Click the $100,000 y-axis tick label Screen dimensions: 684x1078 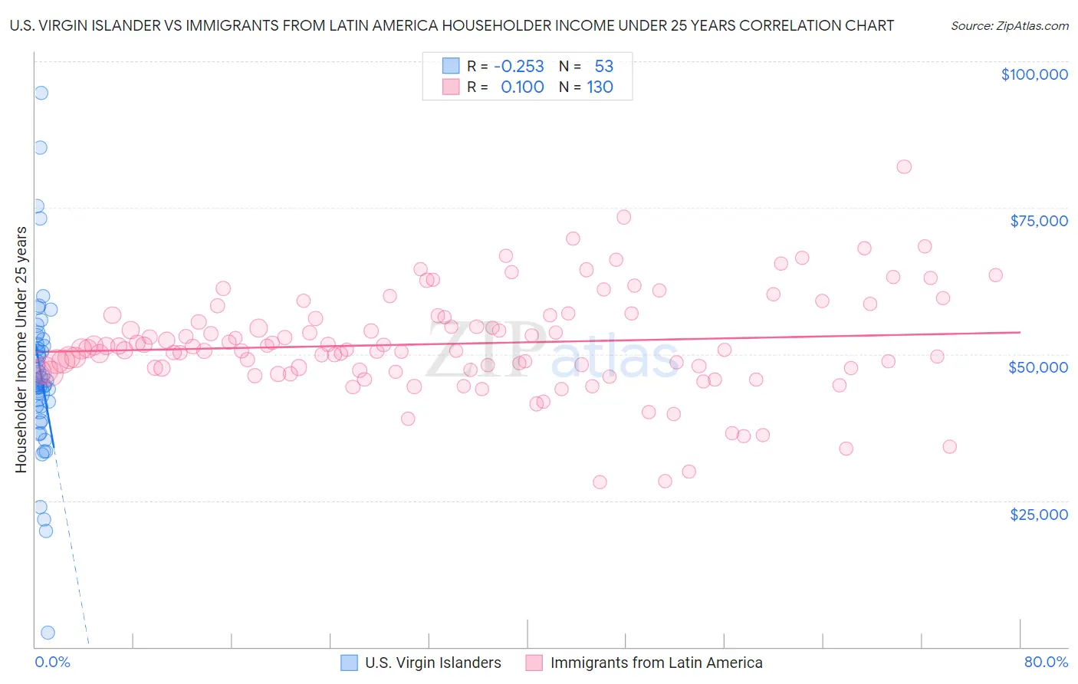point(1034,74)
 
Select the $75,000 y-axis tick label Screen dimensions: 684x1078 point(1038,221)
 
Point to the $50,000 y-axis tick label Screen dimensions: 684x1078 point(1037,367)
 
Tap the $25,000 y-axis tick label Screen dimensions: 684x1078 point(1038,514)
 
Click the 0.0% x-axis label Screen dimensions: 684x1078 point(52,662)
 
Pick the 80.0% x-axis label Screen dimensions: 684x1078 point(1046,662)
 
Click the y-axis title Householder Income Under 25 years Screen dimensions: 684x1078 point(21,350)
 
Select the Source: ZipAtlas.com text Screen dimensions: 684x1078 point(1009,25)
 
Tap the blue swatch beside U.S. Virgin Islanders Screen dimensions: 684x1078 point(349,663)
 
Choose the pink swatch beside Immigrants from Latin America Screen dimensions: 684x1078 point(534,663)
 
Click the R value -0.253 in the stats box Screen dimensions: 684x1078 point(518,67)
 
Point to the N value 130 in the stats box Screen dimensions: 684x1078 point(600,87)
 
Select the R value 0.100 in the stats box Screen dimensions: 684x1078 point(522,87)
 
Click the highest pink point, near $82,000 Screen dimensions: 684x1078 point(904,166)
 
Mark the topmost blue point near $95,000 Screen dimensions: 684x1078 point(41,93)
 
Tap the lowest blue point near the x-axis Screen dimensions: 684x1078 point(48,633)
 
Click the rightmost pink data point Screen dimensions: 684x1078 point(995,275)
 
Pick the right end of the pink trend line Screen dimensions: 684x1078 point(1020,332)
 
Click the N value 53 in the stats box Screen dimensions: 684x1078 point(603,67)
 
